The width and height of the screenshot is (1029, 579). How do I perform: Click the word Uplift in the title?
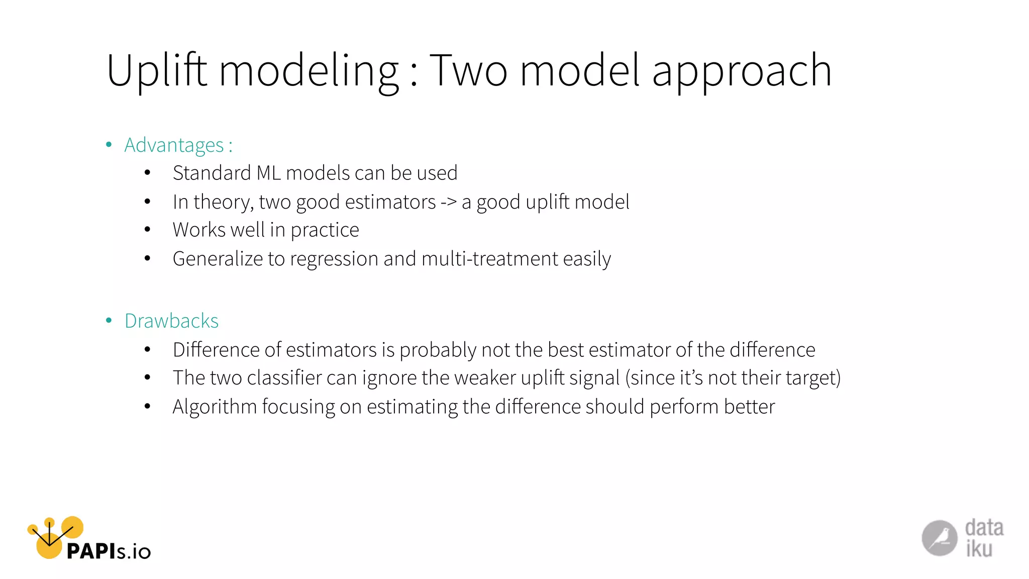point(156,71)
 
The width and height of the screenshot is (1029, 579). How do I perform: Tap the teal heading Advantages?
point(174,145)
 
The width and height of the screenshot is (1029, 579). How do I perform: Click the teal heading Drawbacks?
point(171,321)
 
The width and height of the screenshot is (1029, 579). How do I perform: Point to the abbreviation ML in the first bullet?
point(268,173)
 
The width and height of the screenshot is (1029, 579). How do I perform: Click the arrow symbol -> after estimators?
point(449,202)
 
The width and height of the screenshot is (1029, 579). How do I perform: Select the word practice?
point(325,230)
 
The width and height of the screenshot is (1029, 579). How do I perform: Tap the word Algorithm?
point(215,407)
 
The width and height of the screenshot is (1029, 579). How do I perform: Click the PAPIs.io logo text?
point(109,551)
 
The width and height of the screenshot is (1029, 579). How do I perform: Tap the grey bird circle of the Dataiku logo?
point(939,538)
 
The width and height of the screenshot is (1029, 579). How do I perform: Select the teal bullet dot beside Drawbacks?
point(109,321)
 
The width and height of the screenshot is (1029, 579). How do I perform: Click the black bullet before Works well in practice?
point(147,230)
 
